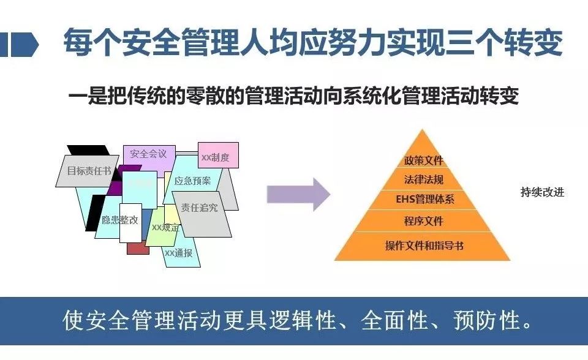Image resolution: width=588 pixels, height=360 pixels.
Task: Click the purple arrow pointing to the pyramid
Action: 298,194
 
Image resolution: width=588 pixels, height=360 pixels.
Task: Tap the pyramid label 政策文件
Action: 423,162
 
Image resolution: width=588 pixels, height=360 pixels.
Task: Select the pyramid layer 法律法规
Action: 423,180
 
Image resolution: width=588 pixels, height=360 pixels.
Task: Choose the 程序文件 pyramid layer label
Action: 423,220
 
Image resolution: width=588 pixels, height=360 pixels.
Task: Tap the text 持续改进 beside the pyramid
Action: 542,192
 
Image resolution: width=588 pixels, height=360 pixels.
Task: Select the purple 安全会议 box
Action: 148,154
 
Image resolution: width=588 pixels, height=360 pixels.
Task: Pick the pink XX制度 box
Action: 217,157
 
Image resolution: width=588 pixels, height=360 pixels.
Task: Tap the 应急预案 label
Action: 192,181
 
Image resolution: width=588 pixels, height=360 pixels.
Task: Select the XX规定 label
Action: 165,228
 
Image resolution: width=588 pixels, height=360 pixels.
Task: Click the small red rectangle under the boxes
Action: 138,247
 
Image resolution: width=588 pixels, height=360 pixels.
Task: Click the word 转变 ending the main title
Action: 540,44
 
